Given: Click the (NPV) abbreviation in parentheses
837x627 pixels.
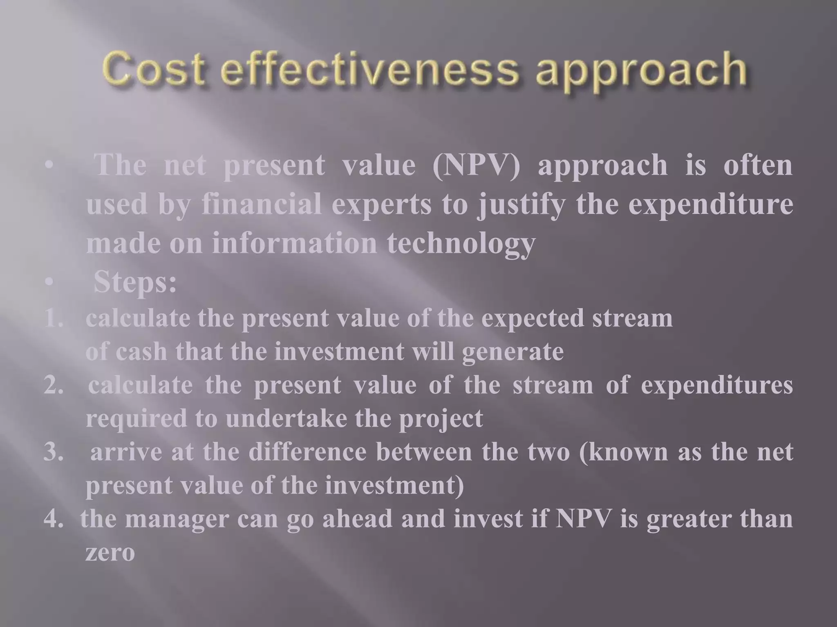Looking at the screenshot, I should coord(476,166).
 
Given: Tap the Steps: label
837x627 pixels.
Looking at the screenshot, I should coord(135,282).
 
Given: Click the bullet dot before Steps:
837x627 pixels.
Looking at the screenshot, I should coord(49,282).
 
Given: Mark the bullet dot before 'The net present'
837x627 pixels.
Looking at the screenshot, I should coord(49,166).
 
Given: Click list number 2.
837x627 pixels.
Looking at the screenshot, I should coord(54,385).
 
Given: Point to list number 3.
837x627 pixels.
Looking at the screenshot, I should coord(54,452).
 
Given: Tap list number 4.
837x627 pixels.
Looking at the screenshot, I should coord(54,519).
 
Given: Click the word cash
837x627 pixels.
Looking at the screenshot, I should coord(141,352).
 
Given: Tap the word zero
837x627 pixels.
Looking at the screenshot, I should coord(110,554).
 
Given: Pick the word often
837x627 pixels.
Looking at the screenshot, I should coord(758,165).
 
